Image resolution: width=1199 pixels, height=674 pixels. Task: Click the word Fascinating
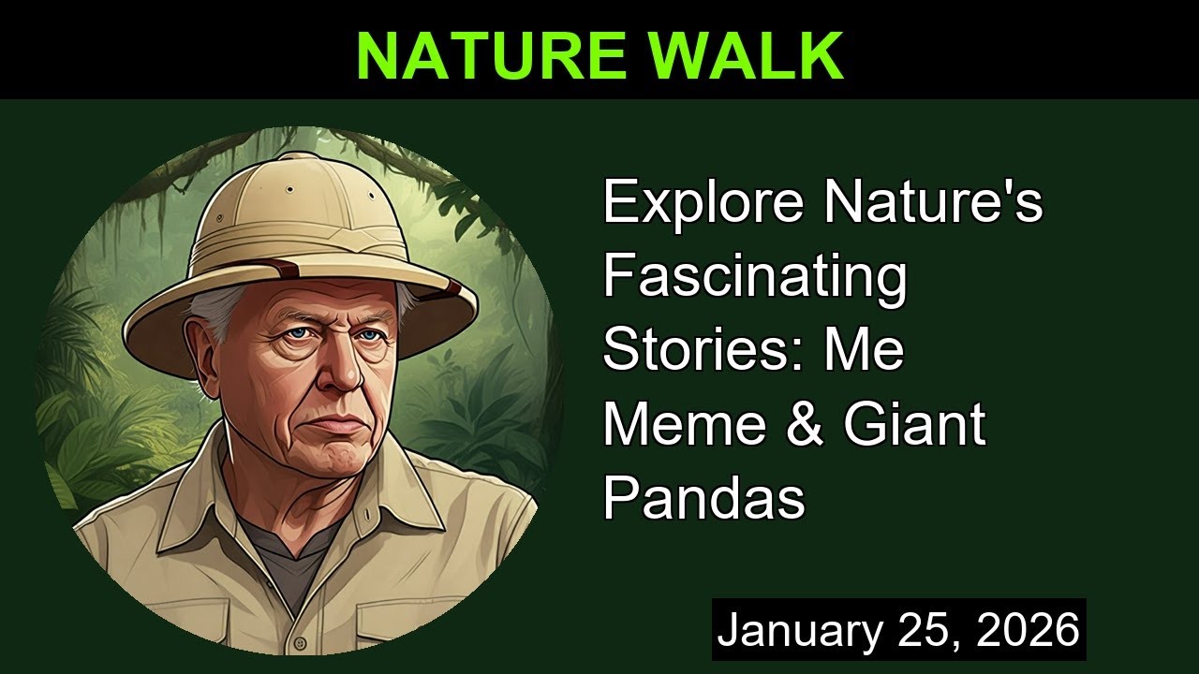click(x=755, y=276)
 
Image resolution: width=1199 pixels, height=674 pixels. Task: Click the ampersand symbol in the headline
click(x=807, y=424)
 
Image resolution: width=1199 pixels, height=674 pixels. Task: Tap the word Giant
click(x=914, y=424)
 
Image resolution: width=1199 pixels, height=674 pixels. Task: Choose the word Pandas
click(x=703, y=498)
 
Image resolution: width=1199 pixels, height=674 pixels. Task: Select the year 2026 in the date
click(x=1029, y=630)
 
